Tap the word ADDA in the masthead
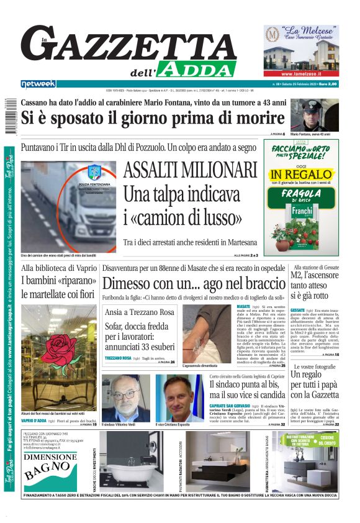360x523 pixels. [196, 69]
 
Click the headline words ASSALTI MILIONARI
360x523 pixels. [190, 170]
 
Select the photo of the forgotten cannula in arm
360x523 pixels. [208, 334]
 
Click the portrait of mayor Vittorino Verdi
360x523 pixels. [125, 398]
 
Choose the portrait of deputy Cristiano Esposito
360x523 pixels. [179, 398]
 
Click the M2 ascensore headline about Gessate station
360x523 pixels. [314, 284]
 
